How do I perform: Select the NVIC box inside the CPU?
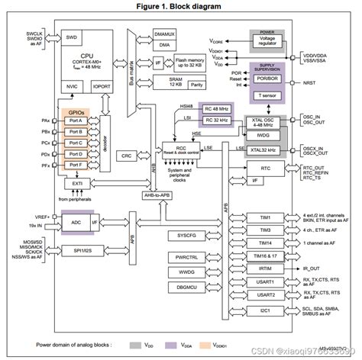(71, 86)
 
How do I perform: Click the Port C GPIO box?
(76, 143)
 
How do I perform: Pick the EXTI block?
(76, 183)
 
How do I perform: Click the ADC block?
(76, 222)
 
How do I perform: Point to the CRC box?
(127, 155)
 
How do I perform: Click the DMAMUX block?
(165, 34)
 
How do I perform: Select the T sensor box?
(267, 95)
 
